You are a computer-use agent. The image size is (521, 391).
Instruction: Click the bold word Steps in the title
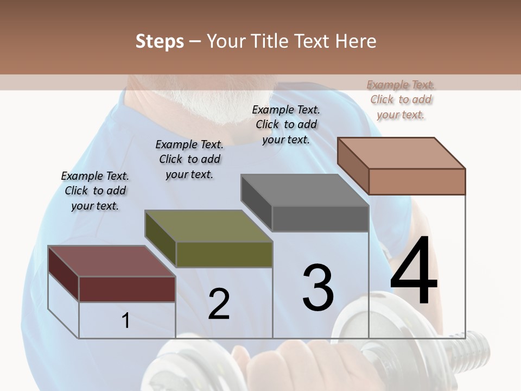coord(160,41)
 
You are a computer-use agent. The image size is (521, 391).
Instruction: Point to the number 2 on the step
coord(219,304)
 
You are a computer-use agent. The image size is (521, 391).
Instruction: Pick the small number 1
coord(126,320)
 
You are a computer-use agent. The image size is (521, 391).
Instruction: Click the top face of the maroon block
coord(111,261)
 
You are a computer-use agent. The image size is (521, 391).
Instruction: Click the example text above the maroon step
coord(95,191)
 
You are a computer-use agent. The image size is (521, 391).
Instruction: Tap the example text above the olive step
coord(189,159)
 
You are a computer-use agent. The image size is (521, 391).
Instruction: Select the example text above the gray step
coord(286,124)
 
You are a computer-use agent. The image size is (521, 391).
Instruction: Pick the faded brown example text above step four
coord(401,99)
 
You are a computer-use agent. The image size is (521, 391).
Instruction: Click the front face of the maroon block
coord(127,289)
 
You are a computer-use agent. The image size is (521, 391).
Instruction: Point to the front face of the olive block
coord(224,254)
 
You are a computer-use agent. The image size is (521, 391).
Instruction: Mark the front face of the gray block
coord(320,219)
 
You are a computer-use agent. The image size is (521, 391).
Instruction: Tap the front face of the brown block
coord(417,181)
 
